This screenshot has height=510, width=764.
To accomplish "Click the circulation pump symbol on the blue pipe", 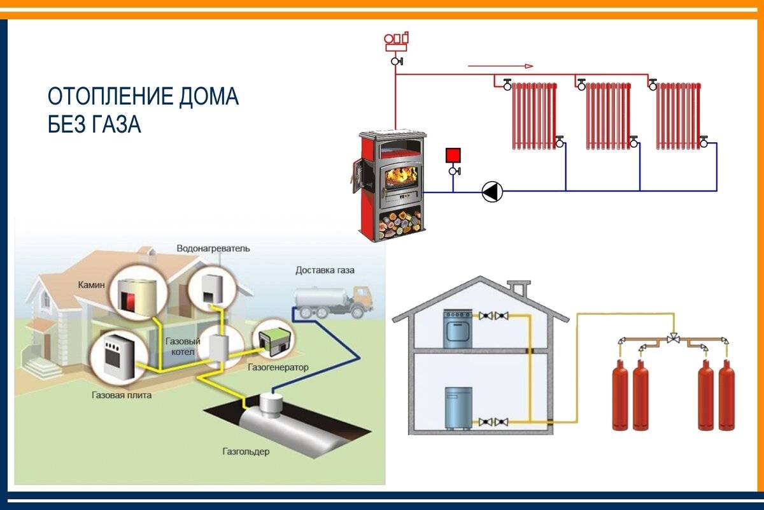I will pyautogui.click(x=492, y=191).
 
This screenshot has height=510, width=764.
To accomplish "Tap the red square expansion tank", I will pyautogui.click(x=453, y=156).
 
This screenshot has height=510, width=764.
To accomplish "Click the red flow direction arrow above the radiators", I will pyautogui.click(x=500, y=66).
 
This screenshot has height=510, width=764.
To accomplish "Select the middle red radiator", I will pyautogui.click(x=607, y=115).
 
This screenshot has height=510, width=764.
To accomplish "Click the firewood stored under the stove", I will pyautogui.click(x=400, y=224).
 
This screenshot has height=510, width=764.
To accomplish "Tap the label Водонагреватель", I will pyautogui.click(x=213, y=247).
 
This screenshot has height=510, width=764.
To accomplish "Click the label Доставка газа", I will pyautogui.click(x=325, y=270).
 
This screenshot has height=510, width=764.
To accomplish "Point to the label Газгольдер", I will pyautogui.click(x=246, y=451).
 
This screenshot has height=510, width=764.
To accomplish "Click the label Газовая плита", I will pyautogui.click(x=121, y=395).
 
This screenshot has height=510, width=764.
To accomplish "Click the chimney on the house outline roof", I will pyautogui.click(x=520, y=288).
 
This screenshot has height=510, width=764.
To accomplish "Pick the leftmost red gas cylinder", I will pyautogui.click(x=619, y=397).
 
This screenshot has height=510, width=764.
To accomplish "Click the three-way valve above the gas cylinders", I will pyautogui.click(x=672, y=338).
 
